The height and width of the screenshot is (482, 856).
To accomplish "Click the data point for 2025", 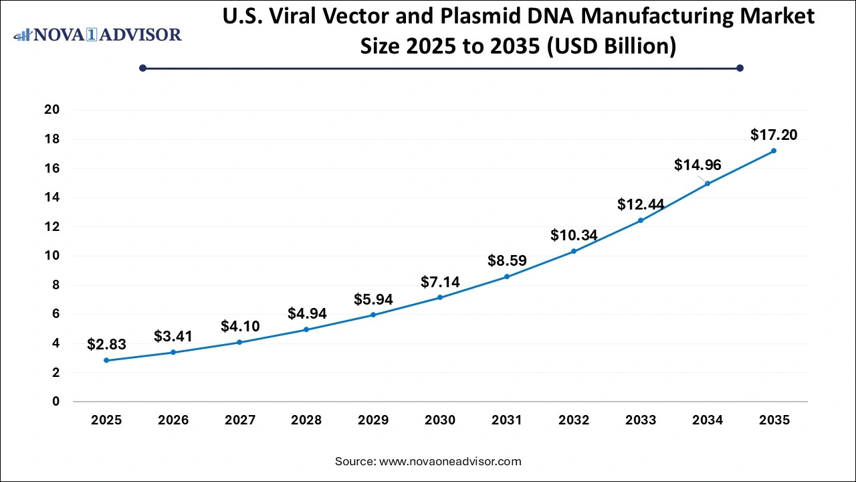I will tap(106, 360).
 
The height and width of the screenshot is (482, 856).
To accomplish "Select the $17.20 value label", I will tap(774, 135).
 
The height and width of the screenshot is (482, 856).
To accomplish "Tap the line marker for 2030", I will tap(440, 297).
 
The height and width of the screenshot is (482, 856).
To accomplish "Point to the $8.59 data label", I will tap(507, 260).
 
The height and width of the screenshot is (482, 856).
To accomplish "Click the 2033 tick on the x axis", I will tap(641, 420).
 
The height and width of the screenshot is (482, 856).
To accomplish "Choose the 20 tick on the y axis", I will tap(52, 110).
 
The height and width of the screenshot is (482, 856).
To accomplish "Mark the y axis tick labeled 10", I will tap(52, 256).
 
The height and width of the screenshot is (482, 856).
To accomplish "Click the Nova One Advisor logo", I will tap(98, 35).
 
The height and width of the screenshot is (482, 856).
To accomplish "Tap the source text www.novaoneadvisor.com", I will tap(450, 461).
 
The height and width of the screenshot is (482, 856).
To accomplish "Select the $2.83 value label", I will tap(106, 345).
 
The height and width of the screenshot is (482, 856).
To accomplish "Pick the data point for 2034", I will tap(708, 183).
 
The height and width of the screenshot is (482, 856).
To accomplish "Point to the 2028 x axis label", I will tap(306, 420).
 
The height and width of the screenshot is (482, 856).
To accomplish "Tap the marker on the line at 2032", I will tap(574, 251).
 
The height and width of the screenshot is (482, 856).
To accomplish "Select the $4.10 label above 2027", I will tap(240, 327).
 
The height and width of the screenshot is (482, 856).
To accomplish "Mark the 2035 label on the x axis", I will tap(774, 420).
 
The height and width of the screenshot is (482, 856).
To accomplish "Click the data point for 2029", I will tap(373, 315).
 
